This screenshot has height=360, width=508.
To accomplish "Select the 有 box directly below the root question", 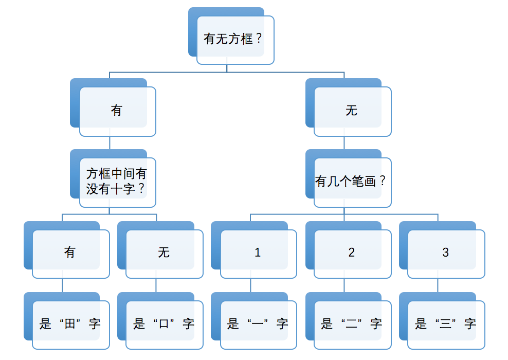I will coord(117,111).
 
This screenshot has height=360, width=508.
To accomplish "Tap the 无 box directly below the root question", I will coord(352,111).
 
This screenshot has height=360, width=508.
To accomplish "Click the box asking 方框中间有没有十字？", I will coord(117,182).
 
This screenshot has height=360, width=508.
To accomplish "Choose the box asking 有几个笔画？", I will coord(352,182).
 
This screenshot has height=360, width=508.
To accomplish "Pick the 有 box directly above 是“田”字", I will coord(70,253).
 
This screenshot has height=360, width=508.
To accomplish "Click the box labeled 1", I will coord(258,253).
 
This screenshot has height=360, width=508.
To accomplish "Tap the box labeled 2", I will coord(352,253).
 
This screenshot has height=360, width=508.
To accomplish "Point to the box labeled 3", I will coord(446,253).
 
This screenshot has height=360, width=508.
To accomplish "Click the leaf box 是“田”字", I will coord(70,324).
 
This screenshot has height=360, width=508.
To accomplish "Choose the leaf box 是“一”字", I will coord(258,324).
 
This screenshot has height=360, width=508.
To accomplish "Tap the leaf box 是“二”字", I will coord(352,324).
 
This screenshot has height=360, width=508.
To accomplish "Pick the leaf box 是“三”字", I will coord(446,324).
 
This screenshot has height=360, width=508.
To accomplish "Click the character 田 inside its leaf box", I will coord(70,324).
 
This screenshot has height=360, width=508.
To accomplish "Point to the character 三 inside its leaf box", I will coord(446,324).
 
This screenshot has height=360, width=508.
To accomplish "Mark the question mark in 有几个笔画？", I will coord(383,181).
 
